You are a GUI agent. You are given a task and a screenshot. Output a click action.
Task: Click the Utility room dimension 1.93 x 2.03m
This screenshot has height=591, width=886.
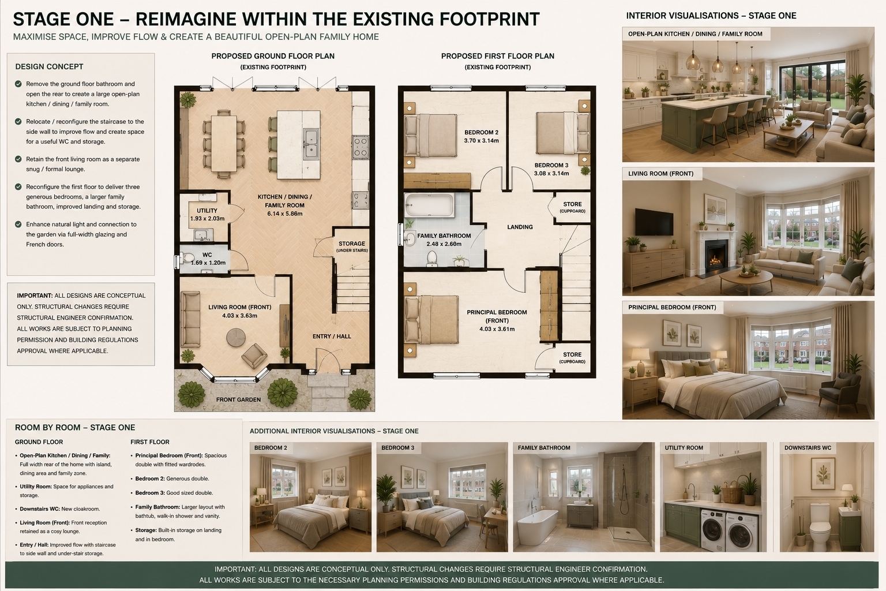pyautogui.click(x=207, y=219)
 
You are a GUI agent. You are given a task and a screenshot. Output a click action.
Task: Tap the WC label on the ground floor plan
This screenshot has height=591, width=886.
pyautogui.click(x=207, y=255)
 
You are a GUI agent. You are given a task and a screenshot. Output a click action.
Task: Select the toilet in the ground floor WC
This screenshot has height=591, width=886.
pyautogui.click(x=186, y=259)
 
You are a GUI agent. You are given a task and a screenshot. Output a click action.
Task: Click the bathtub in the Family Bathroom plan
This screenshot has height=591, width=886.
pyautogui.click(x=429, y=205)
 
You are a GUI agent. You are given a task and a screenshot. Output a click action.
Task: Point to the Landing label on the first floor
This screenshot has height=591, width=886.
pyautogui.click(x=520, y=227)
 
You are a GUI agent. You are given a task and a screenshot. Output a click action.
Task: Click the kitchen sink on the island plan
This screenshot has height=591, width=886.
pyautogui.click(x=311, y=144)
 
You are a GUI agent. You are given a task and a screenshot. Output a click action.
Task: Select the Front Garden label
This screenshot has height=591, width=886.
pyautogui.click(x=238, y=399)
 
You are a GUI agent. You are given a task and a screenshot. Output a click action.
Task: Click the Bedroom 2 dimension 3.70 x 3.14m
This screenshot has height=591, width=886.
pyautogui.click(x=482, y=140)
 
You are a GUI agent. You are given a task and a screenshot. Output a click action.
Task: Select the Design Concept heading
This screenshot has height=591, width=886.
pyautogui.click(x=49, y=66)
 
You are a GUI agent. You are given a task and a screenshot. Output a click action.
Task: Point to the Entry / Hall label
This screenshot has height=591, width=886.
pyautogui.click(x=332, y=336)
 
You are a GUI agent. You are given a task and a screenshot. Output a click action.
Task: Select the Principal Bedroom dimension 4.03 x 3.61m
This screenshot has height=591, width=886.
pyautogui.click(x=497, y=329)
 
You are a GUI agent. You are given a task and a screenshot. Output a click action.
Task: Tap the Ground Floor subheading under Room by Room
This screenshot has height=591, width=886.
pyautogui.click(x=39, y=442)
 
